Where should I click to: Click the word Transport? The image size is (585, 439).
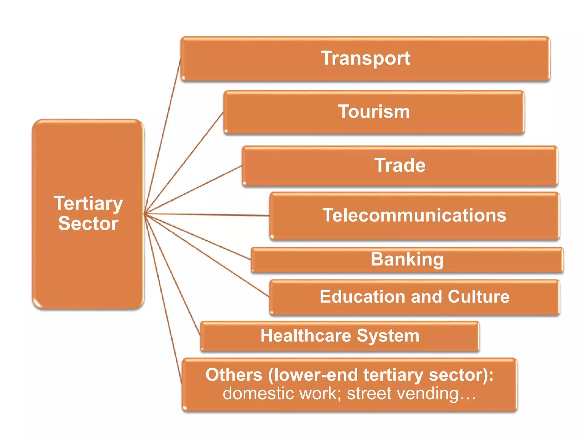click(x=365, y=58)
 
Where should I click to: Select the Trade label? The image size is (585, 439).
click(x=400, y=165)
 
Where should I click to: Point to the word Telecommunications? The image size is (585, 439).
click(x=414, y=215)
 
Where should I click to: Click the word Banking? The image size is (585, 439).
click(x=407, y=260)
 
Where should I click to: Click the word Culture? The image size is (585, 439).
click(x=478, y=296)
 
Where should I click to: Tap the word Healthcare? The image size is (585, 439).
click(x=305, y=336)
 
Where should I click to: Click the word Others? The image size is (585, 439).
click(x=234, y=375)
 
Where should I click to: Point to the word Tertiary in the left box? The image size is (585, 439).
click(x=88, y=203)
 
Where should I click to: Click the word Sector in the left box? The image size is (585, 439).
click(x=88, y=224)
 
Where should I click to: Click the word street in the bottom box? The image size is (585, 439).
click(x=369, y=394)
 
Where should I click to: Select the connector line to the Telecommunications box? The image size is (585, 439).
click(x=206, y=214)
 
